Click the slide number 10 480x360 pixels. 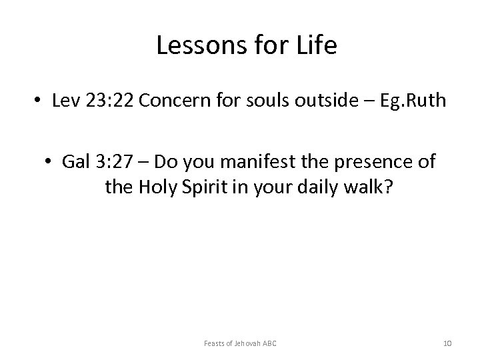point(447,343)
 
